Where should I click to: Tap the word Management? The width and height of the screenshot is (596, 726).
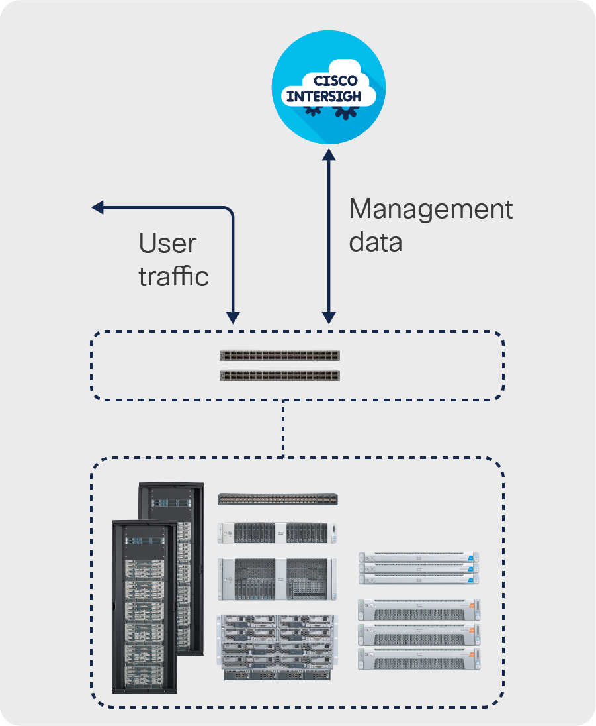431,209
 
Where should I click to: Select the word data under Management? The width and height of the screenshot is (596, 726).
375,242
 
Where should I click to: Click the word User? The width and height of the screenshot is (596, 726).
167,244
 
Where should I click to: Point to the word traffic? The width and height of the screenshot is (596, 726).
173,276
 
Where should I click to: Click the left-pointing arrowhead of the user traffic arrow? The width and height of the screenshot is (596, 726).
97,208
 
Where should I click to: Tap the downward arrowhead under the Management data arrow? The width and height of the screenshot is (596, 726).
329,318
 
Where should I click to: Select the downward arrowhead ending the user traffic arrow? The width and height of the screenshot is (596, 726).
233,317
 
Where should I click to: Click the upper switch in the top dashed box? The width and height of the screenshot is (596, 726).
280,355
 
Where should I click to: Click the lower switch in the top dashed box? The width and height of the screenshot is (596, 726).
280,376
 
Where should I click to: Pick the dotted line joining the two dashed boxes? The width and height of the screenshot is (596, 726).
283,429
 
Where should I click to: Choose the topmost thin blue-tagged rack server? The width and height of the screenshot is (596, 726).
418,558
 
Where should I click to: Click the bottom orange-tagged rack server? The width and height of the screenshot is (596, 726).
418,659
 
